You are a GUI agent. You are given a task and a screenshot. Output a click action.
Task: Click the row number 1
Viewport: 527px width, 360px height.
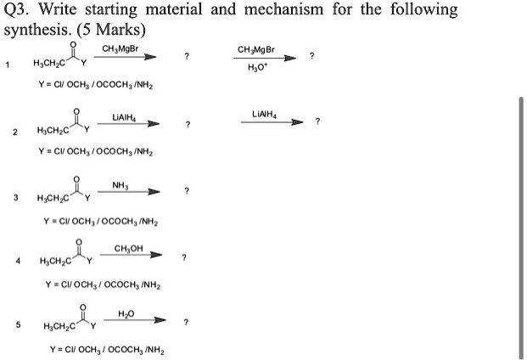pyautogui.click(x=8, y=64)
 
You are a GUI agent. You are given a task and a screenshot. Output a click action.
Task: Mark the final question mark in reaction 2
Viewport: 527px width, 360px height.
pyautogui.click(x=317, y=122)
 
